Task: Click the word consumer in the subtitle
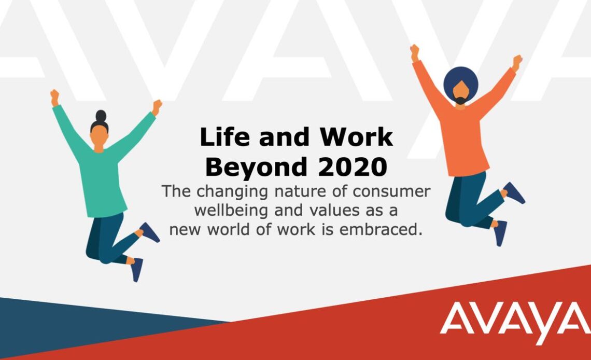point(391,192)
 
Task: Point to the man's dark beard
point(460,101)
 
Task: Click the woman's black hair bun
point(101,116)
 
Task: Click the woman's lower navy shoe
point(136,269)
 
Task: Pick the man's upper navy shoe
point(514,192)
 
